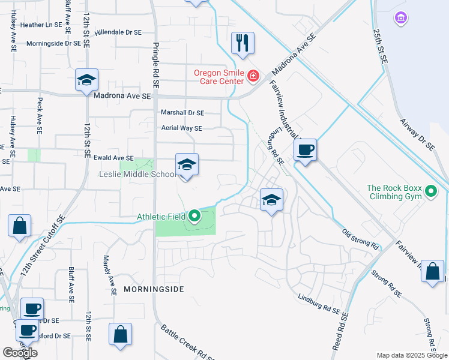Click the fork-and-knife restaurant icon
point(243,43)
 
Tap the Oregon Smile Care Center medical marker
point(253,76)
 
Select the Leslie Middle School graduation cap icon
point(187,165)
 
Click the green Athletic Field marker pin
point(194,215)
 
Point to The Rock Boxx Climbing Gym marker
point(430,192)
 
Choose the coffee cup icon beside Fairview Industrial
point(306,150)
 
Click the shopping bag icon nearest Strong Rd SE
point(432,272)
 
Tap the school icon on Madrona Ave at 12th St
point(87,80)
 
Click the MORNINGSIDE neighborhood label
point(153,289)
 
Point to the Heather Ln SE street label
point(41,25)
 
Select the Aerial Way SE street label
point(181,128)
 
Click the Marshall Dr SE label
point(182,112)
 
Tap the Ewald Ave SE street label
point(113,158)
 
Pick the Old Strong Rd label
point(360,239)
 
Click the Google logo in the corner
point(20,353)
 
